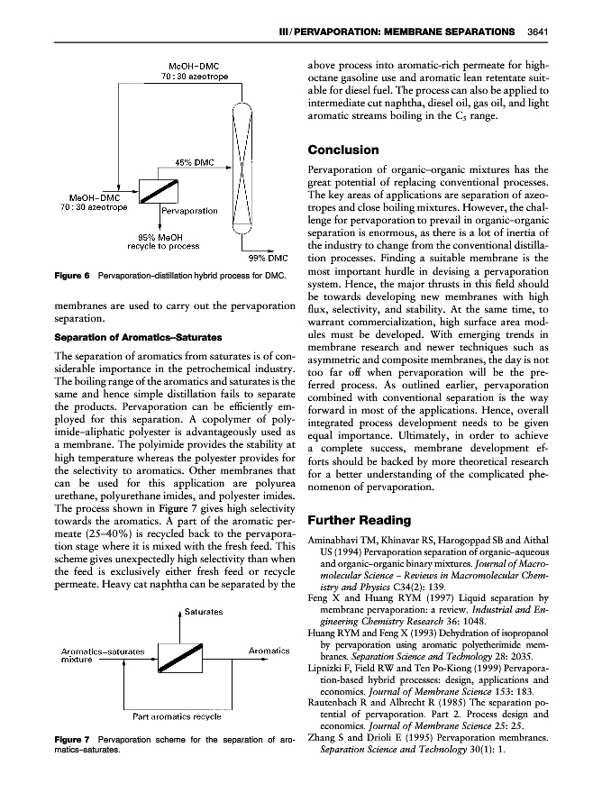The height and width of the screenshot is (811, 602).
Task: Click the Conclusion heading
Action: click(343, 150)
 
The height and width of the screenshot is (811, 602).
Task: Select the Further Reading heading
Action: click(358, 520)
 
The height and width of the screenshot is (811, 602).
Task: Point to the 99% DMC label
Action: click(269, 258)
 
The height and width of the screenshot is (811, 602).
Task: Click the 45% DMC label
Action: click(193, 163)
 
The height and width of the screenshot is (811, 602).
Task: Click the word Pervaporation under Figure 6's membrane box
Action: click(189, 210)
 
